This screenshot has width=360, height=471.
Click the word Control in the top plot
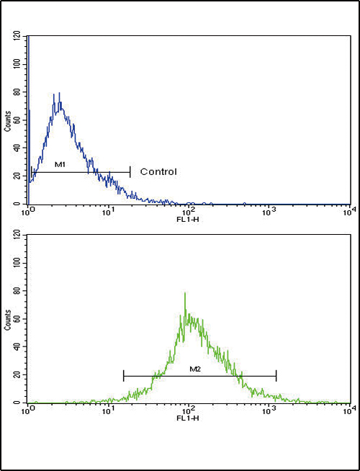tap(158, 171)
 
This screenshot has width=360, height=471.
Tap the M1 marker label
tap(60, 165)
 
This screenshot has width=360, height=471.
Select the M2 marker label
tap(194, 369)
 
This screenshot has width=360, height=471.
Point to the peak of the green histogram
tap(186, 293)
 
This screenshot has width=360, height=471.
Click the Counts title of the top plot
tap(8, 120)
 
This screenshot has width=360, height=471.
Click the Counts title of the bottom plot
tap(8, 318)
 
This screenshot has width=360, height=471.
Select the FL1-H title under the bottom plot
tap(188, 415)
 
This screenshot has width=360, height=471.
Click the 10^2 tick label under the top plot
tap(188, 209)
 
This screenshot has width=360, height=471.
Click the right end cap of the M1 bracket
tap(130, 171)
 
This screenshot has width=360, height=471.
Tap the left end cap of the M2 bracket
tap(124, 375)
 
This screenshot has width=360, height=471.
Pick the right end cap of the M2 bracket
tap(276, 375)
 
